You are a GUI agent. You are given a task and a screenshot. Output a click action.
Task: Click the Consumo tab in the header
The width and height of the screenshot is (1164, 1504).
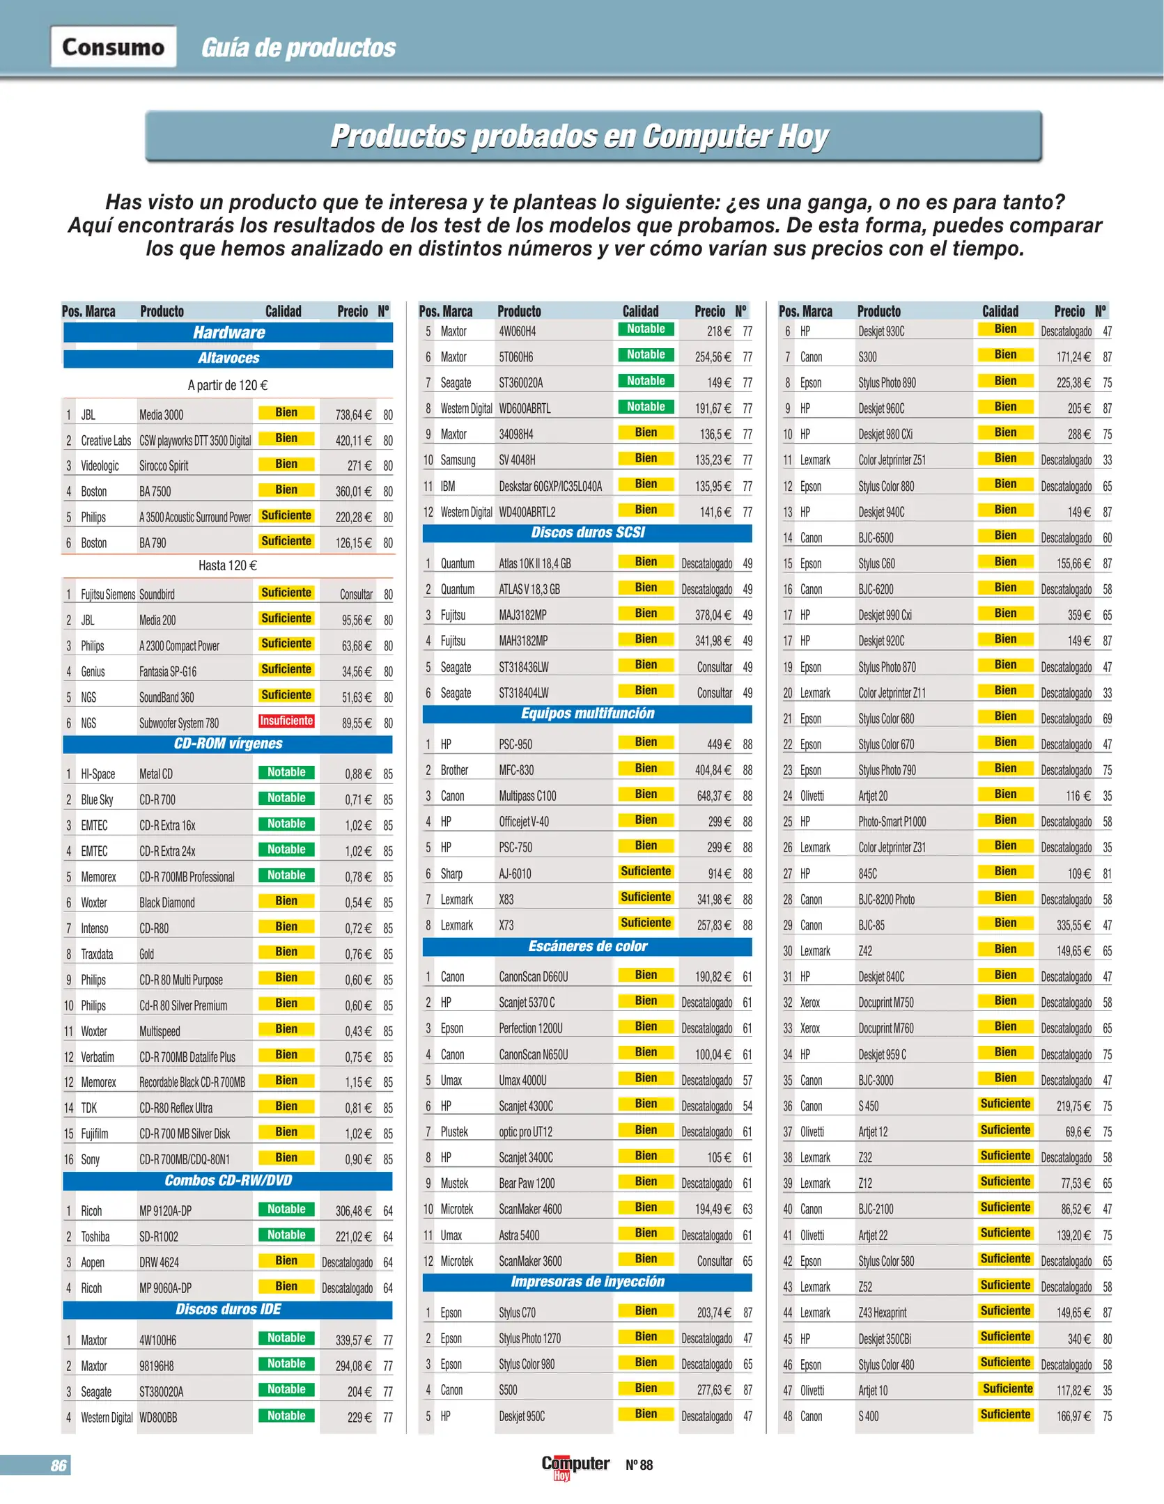click(113, 47)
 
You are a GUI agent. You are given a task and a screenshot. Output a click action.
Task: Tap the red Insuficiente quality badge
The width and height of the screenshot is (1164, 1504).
click(286, 721)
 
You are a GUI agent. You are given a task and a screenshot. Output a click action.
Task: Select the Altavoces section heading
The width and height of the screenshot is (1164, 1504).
click(228, 358)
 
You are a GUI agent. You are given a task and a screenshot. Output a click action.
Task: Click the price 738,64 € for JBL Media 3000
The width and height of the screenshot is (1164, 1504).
click(353, 415)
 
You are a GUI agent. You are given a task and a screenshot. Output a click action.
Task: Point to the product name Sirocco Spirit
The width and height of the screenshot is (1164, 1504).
click(164, 466)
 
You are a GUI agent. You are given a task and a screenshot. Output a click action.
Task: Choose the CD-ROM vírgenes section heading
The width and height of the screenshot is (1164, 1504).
click(228, 744)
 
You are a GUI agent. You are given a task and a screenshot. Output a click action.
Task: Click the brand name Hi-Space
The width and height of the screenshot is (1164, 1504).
click(98, 774)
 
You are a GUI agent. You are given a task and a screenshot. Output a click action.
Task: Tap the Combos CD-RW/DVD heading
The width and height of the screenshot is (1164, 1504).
click(228, 1180)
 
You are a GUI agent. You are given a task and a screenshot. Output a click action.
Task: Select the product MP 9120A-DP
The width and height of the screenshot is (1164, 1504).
click(165, 1211)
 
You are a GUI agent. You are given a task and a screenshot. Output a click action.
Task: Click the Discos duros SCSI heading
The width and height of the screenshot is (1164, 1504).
click(587, 533)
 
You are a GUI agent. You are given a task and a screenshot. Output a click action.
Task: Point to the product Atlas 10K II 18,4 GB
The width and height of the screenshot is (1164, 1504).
click(534, 563)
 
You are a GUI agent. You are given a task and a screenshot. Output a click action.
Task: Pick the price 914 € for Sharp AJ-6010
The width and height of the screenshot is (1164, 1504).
click(719, 874)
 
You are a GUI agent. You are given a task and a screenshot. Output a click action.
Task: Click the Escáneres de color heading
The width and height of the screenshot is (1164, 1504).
click(587, 946)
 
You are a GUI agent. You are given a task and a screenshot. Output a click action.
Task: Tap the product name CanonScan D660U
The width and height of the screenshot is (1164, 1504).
click(533, 977)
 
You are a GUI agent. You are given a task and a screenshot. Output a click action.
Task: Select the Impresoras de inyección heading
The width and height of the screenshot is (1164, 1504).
click(587, 1282)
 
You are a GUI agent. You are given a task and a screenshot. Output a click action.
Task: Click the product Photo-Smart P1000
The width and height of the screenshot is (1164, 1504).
click(892, 822)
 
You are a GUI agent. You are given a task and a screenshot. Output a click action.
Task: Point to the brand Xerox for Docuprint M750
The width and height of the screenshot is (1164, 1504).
click(809, 1003)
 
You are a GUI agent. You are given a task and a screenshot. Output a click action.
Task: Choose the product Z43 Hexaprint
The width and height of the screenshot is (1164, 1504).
click(882, 1313)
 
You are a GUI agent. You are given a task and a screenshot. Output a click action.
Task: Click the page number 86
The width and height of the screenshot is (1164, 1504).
click(59, 1465)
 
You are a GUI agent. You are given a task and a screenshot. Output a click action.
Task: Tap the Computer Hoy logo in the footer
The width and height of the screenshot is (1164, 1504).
click(575, 1465)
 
